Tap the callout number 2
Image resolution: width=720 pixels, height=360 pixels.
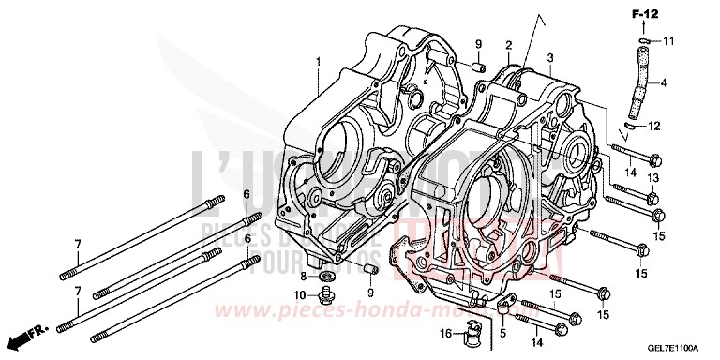pos(509,45)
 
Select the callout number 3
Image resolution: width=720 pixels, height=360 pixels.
pos(550,58)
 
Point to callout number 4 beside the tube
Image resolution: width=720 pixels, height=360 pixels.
pos(664,83)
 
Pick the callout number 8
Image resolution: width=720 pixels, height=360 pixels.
pos(303,277)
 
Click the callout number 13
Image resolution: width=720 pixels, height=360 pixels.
pos(653,179)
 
